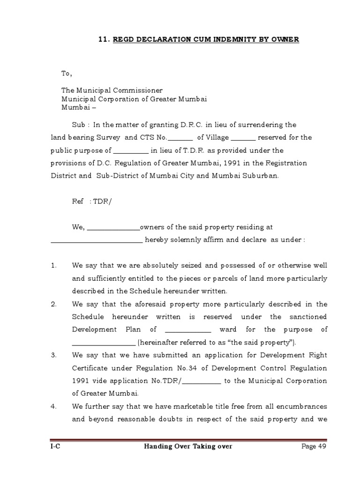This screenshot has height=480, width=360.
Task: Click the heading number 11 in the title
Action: tap(104, 40)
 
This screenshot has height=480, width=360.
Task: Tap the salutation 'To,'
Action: tap(67, 74)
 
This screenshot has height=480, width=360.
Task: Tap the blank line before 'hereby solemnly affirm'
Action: tap(97, 240)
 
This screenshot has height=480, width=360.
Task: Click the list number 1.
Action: tap(54, 265)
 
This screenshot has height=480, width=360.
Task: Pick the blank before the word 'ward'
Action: tap(188, 330)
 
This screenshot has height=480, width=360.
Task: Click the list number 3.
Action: tap(54, 355)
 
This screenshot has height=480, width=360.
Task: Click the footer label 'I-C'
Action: tap(56, 446)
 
